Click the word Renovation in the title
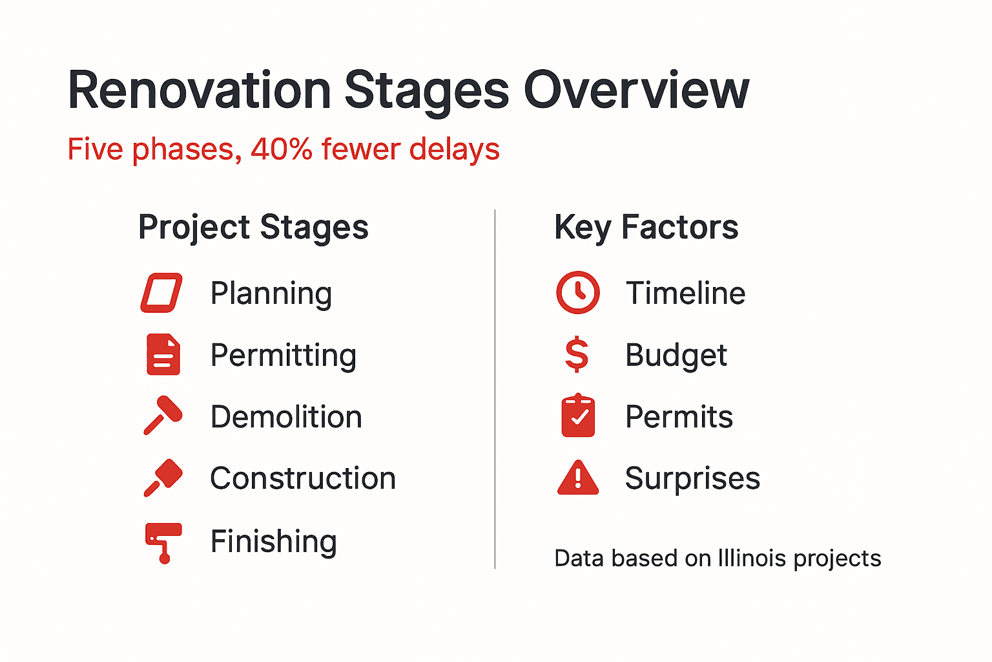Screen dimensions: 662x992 point(199,91)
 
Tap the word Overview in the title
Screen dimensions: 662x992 point(636,91)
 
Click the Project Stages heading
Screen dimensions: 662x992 point(253,228)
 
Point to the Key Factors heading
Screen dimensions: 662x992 point(646,228)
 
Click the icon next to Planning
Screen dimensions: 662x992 point(161,293)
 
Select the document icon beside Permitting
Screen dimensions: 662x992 point(163,354)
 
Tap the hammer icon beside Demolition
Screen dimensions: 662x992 point(162,416)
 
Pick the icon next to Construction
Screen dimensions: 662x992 point(163,478)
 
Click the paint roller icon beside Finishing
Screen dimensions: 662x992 point(163,542)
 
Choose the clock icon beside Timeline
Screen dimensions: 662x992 point(577,293)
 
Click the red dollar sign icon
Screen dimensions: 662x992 point(576,355)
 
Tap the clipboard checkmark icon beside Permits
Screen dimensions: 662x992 point(578,416)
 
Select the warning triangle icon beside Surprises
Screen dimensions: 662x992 point(577,478)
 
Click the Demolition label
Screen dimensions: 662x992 point(286,417)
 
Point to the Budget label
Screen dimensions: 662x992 point(676,356)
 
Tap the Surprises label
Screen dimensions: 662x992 point(692,479)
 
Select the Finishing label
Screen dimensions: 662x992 point(273,542)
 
